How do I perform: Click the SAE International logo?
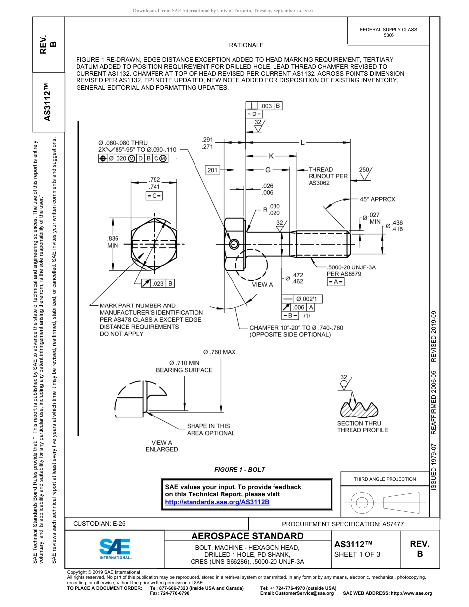[x=115, y=548]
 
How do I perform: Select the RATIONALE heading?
[x=246, y=45]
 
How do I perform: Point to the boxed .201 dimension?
[x=212, y=170]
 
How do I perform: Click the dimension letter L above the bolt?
[x=302, y=143]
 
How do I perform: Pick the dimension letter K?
[x=271, y=156]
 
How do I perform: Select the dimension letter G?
[x=268, y=170]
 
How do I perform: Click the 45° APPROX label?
[x=377, y=199]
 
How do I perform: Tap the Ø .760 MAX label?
[x=219, y=352]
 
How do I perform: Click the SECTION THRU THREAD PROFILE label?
[x=362, y=426]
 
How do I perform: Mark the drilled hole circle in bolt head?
[x=234, y=244]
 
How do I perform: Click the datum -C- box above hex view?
[x=154, y=196]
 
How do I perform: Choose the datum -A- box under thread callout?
[x=336, y=281]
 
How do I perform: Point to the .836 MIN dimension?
[x=113, y=242]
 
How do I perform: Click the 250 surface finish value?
[x=364, y=170]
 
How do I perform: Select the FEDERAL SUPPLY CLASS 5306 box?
[x=388, y=32]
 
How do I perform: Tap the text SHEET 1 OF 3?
[x=357, y=554]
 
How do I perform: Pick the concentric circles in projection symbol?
[x=362, y=502]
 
